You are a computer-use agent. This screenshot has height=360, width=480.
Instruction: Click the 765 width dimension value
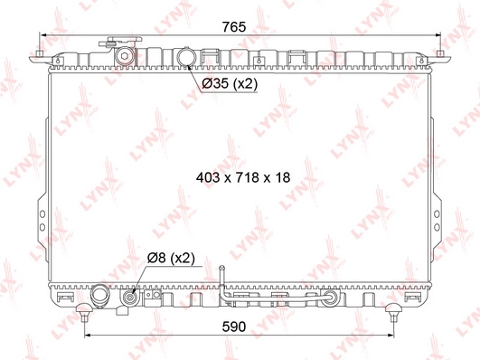click(234, 27)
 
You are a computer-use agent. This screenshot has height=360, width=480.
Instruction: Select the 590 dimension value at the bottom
click(234, 327)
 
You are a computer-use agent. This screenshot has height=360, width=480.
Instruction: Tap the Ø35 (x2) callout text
click(230, 83)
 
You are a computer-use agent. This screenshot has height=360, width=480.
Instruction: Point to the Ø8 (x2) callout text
click(171, 258)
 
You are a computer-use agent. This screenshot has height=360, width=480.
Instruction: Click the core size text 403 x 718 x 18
click(243, 177)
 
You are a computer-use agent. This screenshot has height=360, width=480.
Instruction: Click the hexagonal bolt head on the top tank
click(124, 56)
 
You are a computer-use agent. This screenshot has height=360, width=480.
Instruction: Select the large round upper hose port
click(186, 56)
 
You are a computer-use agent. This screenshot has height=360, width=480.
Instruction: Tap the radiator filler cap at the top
click(120, 41)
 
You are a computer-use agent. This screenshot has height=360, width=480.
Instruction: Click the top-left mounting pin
click(39, 54)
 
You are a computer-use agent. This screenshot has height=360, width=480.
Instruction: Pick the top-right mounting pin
click(440, 54)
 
